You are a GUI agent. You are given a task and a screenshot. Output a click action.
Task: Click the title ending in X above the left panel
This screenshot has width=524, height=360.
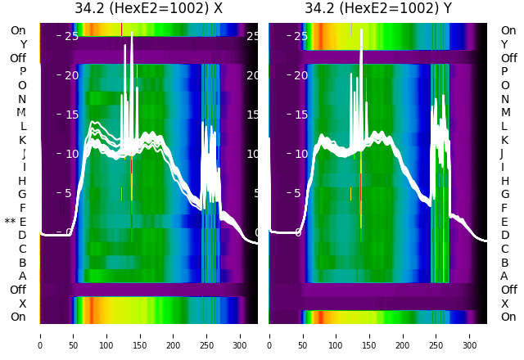pos(148,9)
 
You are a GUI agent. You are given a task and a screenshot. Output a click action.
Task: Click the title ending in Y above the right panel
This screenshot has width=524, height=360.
pos(377,9)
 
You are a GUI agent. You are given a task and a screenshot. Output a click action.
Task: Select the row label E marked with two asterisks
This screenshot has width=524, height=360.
pos(22,222)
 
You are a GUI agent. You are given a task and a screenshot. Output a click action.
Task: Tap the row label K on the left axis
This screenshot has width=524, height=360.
pos(22,140)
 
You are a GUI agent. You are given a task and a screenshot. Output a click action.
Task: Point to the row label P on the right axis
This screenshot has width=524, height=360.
pos(504,71)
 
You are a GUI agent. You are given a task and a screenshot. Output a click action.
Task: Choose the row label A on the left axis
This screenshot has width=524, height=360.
pos(22,276)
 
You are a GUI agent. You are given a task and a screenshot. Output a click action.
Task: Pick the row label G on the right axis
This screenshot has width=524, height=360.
pos(504,194)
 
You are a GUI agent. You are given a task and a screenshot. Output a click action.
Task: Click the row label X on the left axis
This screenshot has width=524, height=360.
pos(23,304)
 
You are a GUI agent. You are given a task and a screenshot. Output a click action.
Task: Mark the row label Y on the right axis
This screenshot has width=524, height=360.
pos(504,44)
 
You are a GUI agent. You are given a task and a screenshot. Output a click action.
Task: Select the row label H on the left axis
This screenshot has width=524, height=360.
pos(22,181)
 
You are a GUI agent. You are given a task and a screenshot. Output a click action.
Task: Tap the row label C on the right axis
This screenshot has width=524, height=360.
pos(504,249)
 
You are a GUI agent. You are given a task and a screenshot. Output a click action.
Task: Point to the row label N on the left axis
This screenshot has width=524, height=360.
pos(22,99)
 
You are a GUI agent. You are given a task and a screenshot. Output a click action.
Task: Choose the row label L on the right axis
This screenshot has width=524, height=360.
pos(504,126)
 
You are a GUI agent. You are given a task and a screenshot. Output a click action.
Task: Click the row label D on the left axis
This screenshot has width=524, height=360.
pos(22,235)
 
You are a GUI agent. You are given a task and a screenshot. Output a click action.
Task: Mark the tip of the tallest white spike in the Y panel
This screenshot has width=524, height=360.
pos(361,31)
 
